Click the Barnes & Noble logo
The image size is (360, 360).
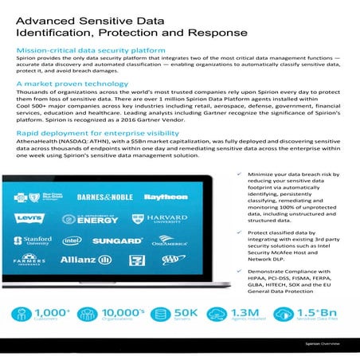(x=107, y=196)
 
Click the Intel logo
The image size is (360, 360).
(x=72, y=240)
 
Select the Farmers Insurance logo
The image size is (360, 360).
(x=29, y=260)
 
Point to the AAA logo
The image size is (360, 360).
(x=172, y=260)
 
